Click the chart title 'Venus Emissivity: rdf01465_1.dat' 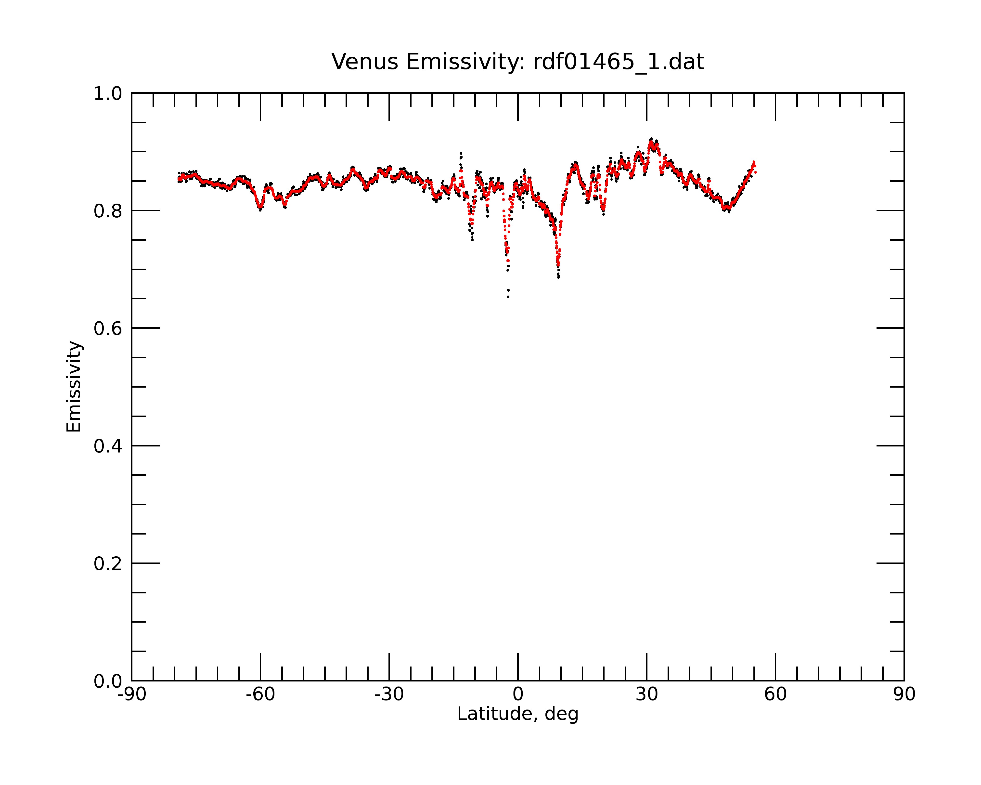(518, 62)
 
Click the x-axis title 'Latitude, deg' (518, 714)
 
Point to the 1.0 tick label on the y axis (108, 94)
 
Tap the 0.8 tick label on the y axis (108, 211)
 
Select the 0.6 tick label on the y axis (108, 328)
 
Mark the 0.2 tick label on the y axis (108, 564)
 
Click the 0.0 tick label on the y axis (108, 681)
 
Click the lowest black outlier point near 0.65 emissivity (508, 297)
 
